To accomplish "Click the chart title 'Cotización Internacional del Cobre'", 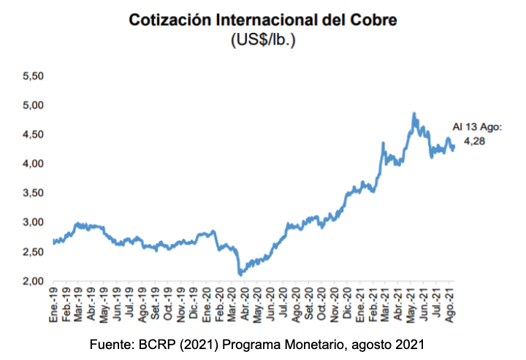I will tap(263, 20).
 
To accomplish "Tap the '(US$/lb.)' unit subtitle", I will tap(263, 40).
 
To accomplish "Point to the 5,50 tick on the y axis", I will tap(34, 76).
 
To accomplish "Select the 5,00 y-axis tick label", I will tap(34, 105).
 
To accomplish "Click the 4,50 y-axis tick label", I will tap(34, 134).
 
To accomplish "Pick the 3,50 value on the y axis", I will tap(34, 193).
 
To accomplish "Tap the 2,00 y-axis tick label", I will tap(34, 281).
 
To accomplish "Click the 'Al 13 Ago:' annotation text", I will tap(478, 126).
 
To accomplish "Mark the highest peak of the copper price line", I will tap(414, 114).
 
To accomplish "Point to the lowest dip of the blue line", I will tap(240, 274).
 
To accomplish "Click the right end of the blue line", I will tap(454, 147).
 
